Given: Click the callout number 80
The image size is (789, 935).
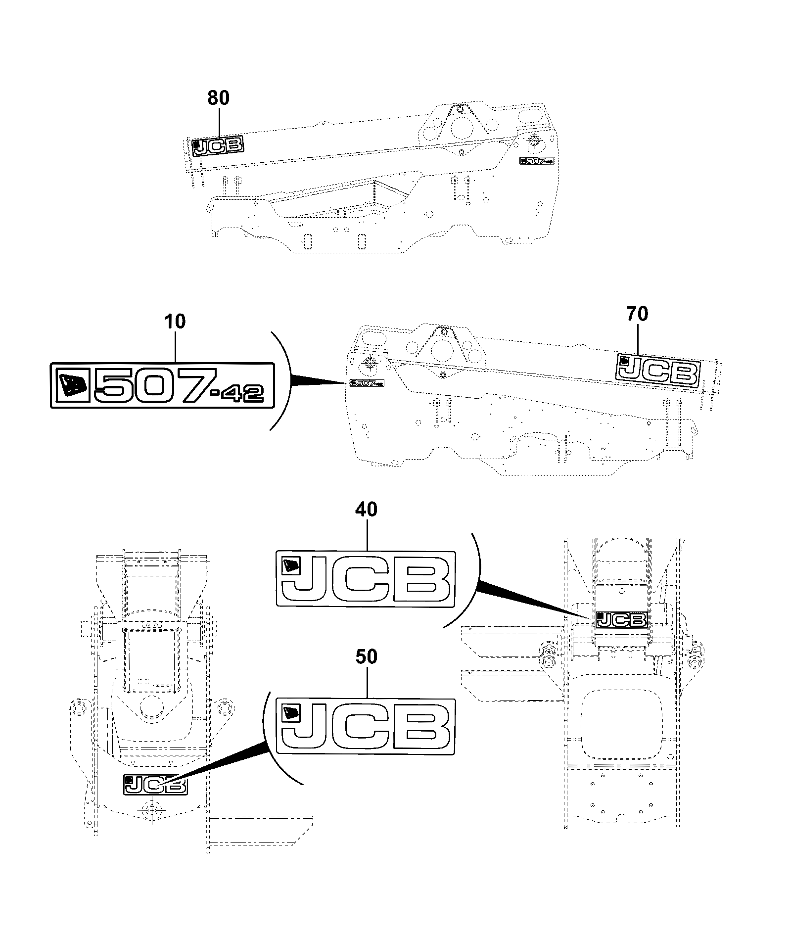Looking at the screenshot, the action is [x=218, y=98].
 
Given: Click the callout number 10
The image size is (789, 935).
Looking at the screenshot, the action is [x=176, y=322].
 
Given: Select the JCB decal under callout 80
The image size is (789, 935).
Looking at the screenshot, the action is [x=218, y=146].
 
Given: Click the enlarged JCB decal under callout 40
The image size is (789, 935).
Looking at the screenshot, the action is [x=366, y=579].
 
